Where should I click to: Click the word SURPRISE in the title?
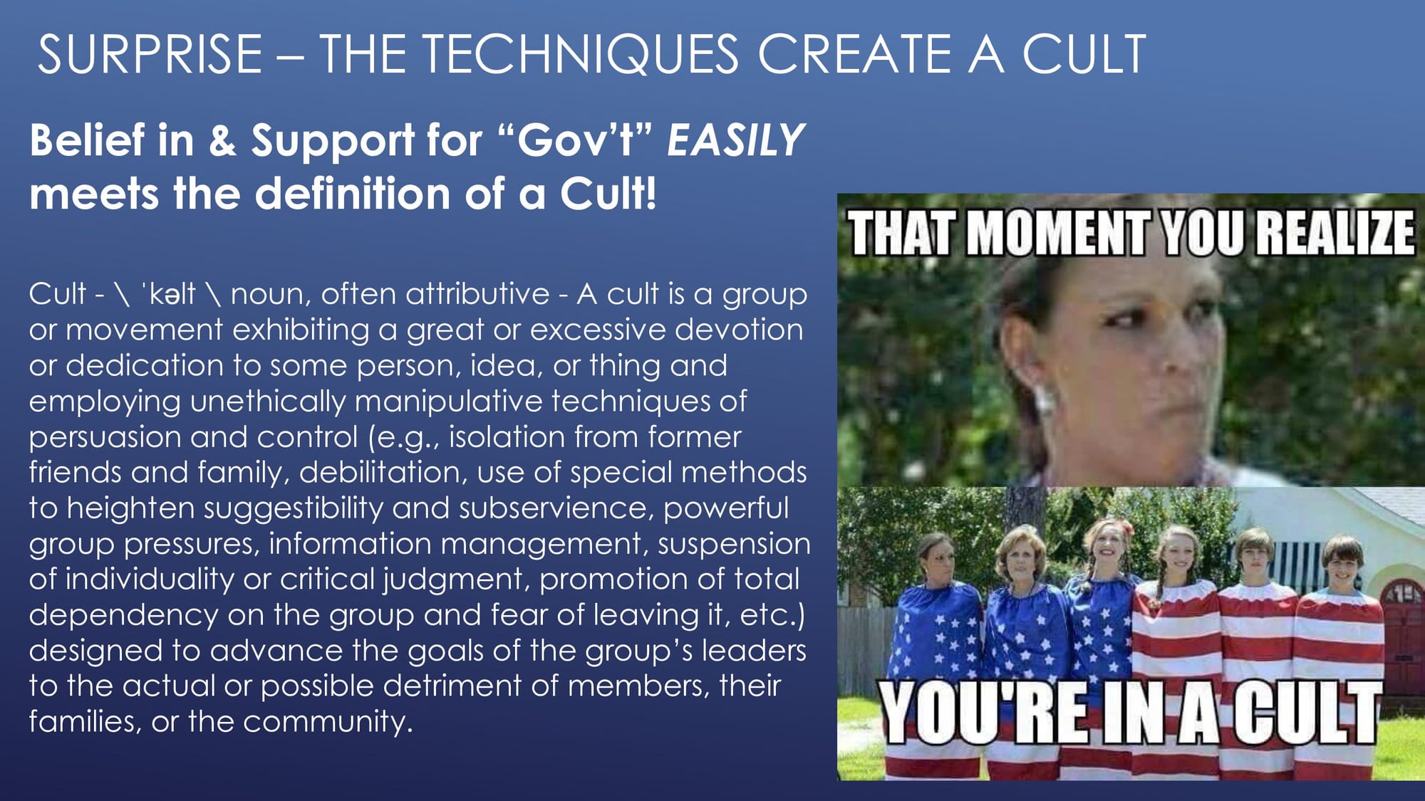point(150,54)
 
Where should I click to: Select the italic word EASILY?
point(735,140)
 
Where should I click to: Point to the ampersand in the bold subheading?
point(222,140)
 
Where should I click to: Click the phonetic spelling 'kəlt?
point(168,293)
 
